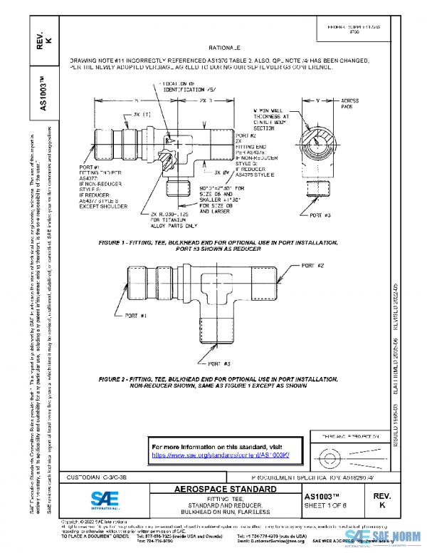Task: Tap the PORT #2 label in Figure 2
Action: pyautogui.click(x=312, y=265)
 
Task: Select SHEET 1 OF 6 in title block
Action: pyautogui.click(x=327, y=505)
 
